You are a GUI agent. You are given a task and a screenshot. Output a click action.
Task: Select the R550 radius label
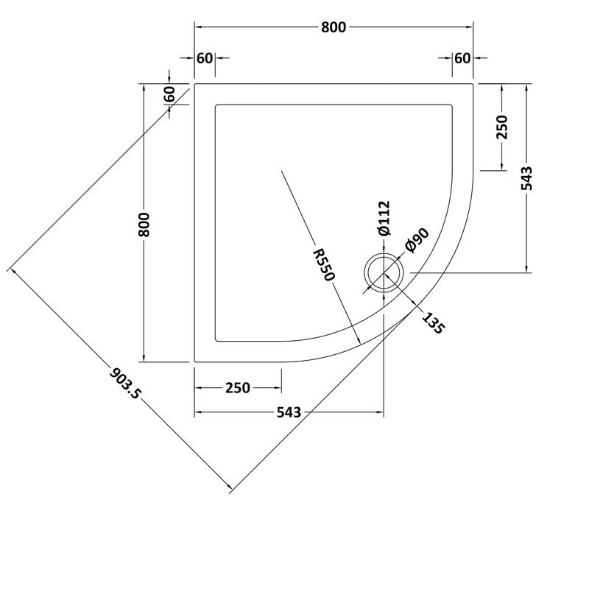click(x=323, y=264)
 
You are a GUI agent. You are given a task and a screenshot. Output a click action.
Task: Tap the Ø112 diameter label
click(x=384, y=219)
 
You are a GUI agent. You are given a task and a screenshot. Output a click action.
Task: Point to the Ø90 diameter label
click(x=416, y=240)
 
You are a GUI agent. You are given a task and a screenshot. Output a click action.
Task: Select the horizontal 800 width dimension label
click(x=333, y=28)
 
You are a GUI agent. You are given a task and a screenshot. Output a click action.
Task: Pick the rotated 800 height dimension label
click(x=144, y=224)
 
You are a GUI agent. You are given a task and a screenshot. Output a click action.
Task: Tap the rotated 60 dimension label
click(x=169, y=94)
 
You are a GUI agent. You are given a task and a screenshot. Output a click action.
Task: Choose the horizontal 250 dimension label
click(x=237, y=388)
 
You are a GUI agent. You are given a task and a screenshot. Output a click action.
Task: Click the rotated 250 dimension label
click(x=502, y=127)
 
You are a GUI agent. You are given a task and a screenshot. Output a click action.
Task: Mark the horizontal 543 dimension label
click(x=289, y=413)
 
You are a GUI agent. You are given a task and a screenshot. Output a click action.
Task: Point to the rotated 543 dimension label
click(x=526, y=178)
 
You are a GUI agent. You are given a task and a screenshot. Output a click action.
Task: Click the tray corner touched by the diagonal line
click(x=194, y=85)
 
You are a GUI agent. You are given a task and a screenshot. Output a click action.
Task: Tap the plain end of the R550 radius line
click(x=281, y=171)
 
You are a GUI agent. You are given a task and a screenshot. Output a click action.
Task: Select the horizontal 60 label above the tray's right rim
click(x=462, y=58)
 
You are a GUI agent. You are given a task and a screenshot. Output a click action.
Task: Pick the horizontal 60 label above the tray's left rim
click(x=205, y=58)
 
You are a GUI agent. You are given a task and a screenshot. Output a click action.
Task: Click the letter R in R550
click(x=318, y=254)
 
